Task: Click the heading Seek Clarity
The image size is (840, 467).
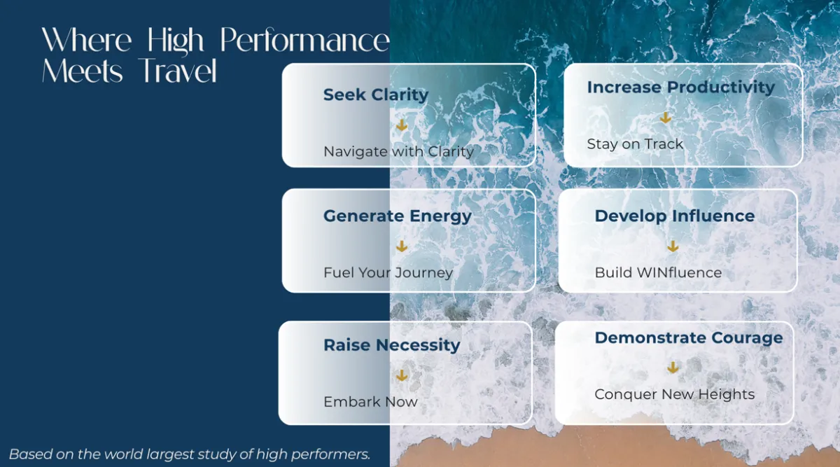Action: (x=376, y=95)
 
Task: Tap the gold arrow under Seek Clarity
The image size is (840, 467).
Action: (x=402, y=125)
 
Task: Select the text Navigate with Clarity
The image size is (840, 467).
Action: (x=398, y=152)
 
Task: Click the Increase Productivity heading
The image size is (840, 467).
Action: (x=680, y=88)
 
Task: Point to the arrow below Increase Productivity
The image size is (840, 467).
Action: (x=665, y=118)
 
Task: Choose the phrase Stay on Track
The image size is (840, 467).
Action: (x=635, y=144)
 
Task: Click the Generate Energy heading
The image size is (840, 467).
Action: (x=398, y=216)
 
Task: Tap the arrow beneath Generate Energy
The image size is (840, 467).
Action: (x=402, y=246)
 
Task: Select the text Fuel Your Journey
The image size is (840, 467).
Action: (x=388, y=273)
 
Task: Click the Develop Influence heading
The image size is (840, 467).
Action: (x=675, y=216)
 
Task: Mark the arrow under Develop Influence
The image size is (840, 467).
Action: (x=673, y=246)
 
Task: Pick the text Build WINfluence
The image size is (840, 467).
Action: (x=658, y=272)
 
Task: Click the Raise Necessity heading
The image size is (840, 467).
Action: (x=391, y=345)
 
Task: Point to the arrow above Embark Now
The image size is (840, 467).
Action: (x=402, y=375)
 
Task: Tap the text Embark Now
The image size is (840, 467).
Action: (x=370, y=402)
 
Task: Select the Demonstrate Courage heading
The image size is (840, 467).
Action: (x=689, y=338)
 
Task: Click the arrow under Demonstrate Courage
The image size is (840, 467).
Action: (x=673, y=368)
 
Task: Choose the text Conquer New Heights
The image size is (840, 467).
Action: (x=675, y=395)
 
